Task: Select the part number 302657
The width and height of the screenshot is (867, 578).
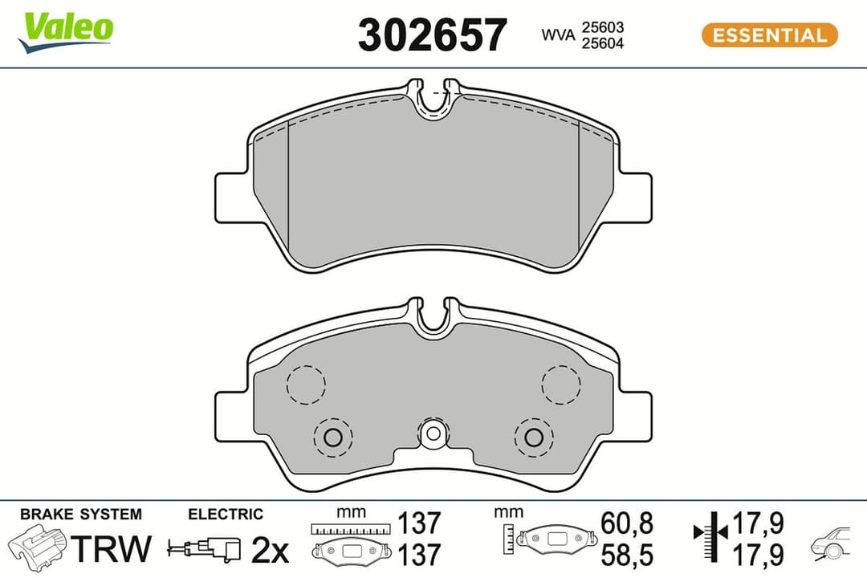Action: coord(432,35)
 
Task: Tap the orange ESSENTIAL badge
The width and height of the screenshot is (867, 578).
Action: coord(769,35)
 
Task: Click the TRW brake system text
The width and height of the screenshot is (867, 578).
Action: coord(112,548)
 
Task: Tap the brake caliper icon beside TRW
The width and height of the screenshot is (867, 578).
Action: coord(38,547)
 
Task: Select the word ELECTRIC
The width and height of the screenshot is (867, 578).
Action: coord(225,514)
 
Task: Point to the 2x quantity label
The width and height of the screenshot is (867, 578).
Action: coord(269,550)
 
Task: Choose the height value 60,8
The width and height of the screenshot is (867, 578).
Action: coord(626,523)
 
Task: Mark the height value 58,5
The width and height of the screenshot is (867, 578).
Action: coord(626,553)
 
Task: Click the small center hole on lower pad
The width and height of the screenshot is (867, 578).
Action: coord(433,434)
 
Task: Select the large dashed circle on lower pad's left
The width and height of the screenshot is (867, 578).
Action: coord(306,385)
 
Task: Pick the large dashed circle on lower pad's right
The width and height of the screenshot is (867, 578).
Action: coord(560,385)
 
